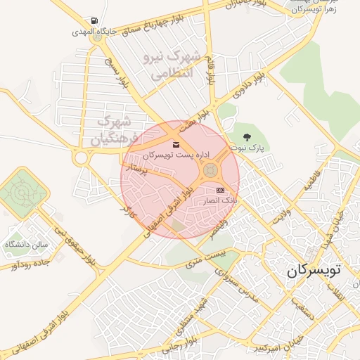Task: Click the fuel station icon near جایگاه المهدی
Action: pos(95,21)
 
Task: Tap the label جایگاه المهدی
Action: pos(95,32)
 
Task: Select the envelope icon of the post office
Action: pos(175,146)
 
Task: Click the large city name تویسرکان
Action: pos(314,269)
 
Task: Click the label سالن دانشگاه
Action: pos(26,244)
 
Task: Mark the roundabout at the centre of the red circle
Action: pos(210,170)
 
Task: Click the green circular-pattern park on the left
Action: pos(21,191)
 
